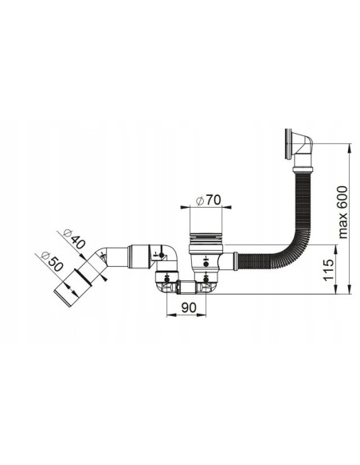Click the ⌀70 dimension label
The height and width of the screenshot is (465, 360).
209,200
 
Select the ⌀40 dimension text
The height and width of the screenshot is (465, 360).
74,239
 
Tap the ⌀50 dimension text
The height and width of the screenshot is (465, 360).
52,261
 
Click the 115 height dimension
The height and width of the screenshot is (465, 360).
328,270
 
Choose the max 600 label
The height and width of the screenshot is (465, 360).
342,212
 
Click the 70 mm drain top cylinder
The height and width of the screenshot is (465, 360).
205,220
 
